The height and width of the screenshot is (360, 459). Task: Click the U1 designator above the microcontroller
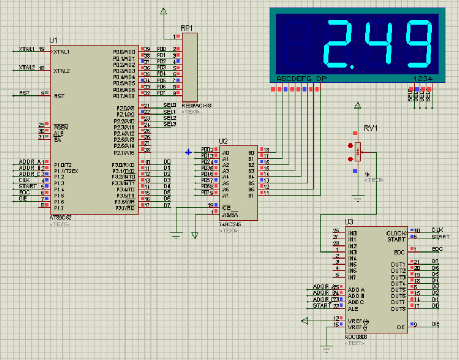click(x=53, y=40)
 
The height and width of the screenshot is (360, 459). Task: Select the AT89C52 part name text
click(x=60, y=218)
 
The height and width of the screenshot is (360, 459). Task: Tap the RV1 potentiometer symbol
click(x=358, y=152)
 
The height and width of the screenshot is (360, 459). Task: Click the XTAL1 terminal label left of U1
click(x=26, y=49)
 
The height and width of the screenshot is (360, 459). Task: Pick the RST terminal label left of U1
click(x=25, y=93)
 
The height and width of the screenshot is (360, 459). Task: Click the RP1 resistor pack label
click(x=187, y=28)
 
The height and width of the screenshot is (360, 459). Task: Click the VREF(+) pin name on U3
click(x=358, y=321)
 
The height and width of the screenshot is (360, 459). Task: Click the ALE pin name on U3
click(x=353, y=309)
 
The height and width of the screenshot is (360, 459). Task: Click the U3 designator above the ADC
click(x=349, y=221)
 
